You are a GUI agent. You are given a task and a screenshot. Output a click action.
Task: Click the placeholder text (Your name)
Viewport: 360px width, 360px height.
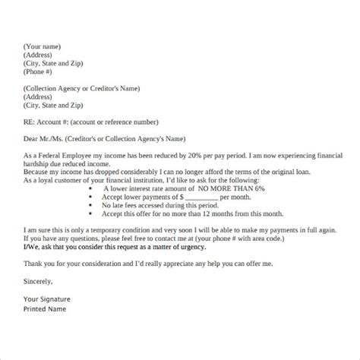click(41, 45)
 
